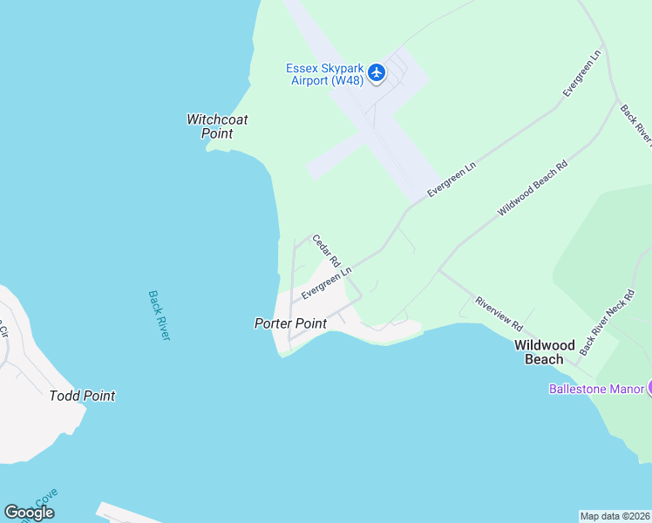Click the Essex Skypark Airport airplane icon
[x=377, y=71]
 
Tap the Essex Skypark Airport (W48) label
[x=326, y=74]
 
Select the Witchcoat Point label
[x=217, y=126]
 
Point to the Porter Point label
[x=290, y=323]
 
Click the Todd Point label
[x=82, y=396]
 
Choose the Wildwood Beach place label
[x=545, y=352]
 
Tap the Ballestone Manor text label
[x=596, y=389]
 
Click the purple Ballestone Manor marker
[x=648, y=388]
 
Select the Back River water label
[x=159, y=315]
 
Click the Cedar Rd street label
[x=325, y=250]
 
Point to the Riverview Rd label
[x=499, y=314]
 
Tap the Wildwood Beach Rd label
[x=532, y=187]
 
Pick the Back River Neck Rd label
[x=605, y=322]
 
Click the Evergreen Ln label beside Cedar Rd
[x=326, y=283]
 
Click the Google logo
[x=29, y=513]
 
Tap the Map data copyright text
[x=615, y=516]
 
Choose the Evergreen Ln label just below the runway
[x=452, y=179]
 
